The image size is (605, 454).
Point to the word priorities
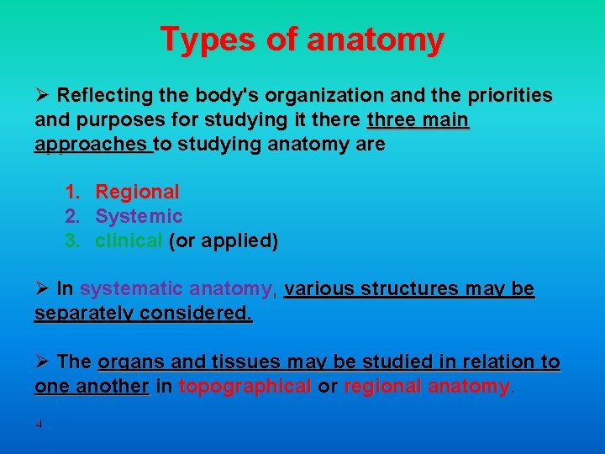tap(508, 95)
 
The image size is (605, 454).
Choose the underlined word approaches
tap(92, 144)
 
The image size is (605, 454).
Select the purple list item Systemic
tap(139, 217)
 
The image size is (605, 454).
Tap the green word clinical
tap(129, 241)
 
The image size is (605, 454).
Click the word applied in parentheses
tap(238, 241)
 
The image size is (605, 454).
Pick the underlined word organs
tap(134, 362)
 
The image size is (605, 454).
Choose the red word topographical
tap(245, 387)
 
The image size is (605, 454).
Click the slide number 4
tap(39, 424)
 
